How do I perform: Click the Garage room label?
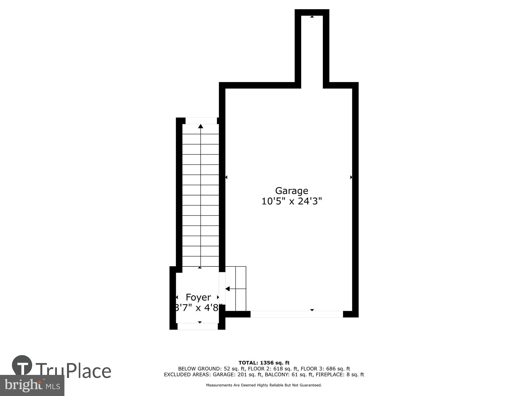click(x=291, y=191)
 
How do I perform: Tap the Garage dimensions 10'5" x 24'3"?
click(x=291, y=201)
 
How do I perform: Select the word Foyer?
click(x=198, y=297)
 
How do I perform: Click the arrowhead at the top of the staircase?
click(x=201, y=126)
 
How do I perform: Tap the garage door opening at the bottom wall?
click(x=296, y=314)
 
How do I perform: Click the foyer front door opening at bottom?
click(x=197, y=327)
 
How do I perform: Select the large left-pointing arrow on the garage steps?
click(x=227, y=289)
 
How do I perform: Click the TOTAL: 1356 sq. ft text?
click(x=264, y=363)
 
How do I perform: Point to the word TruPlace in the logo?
click(x=73, y=371)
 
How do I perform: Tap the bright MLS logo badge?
click(x=32, y=385)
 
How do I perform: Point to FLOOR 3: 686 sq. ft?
click(x=325, y=369)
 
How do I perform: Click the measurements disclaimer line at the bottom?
click(x=264, y=385)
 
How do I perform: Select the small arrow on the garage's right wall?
click(x=351, y=177)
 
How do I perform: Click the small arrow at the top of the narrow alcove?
click(x=312, y=17)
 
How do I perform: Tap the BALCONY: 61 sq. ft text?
click(x=289, y=375)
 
